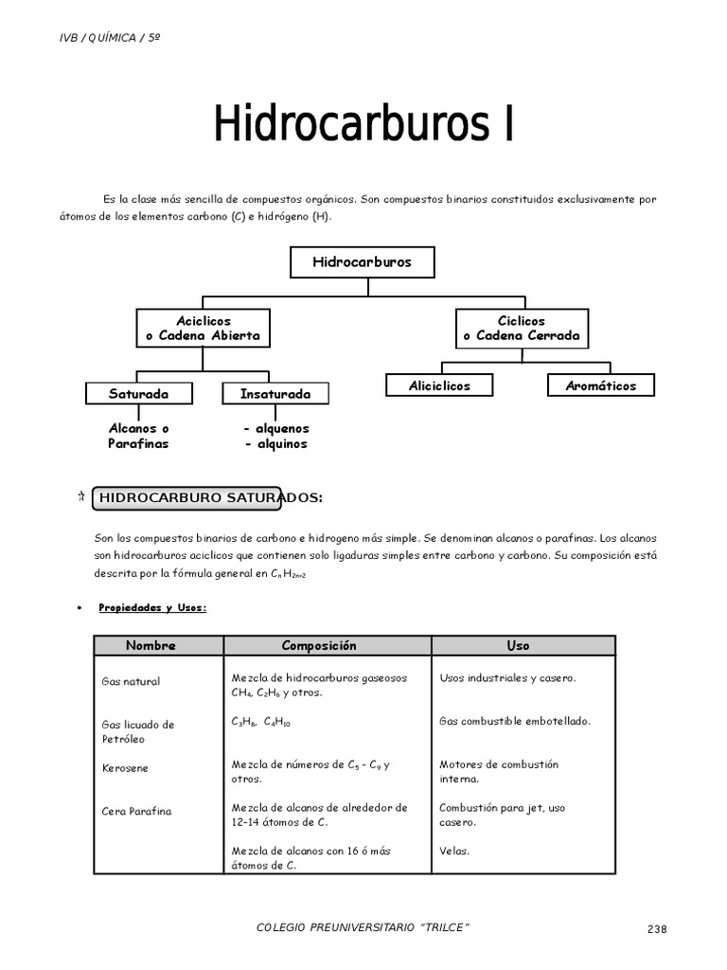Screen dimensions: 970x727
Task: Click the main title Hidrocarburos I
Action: (363, 125)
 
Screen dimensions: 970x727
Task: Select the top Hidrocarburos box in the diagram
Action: (363, 262)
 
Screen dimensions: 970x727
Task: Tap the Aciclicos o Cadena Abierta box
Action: (204, 329)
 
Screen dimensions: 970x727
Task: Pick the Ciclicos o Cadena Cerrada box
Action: (522, 329)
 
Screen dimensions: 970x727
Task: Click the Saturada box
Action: (139, 393)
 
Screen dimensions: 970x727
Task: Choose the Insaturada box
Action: (275, 393)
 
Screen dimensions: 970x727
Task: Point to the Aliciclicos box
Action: (439, 386)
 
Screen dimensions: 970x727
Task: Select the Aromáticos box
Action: (601, 386)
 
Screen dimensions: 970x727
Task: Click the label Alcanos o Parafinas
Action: (138, 436)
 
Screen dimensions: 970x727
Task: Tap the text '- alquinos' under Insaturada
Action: (275, 443)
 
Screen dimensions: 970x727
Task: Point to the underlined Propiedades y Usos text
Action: (152, 608)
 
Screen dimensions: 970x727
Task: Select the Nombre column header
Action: (151, 645)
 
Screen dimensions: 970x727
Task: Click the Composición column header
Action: (319, 645)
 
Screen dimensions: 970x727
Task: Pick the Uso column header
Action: (518, 645)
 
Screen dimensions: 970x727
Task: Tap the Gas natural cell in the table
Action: (131, 681)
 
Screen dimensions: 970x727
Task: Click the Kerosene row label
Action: (125, 768)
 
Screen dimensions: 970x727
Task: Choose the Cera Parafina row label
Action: (137, 812)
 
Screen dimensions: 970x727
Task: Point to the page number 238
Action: (657, 929)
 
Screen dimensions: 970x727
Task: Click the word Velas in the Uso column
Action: (454, 851)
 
